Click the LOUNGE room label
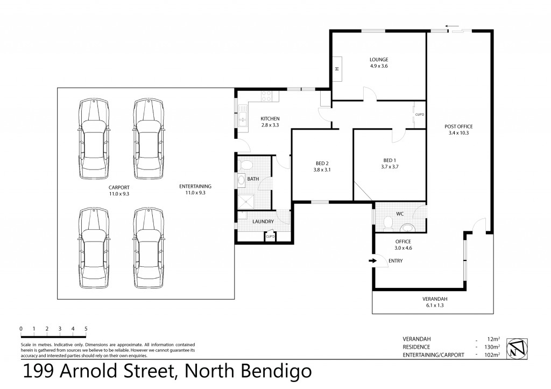[x=379, y=59]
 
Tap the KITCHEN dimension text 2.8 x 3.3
[x=270, y=125]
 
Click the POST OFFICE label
[x=458, y=126]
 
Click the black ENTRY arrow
[x=372, y=261]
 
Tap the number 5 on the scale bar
[x=86, y=328]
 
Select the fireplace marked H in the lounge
[x=337, y=68]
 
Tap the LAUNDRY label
[x=263, y=221]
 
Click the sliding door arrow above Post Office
[x=451, y=26]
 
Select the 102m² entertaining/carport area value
[x=492, y=355]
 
